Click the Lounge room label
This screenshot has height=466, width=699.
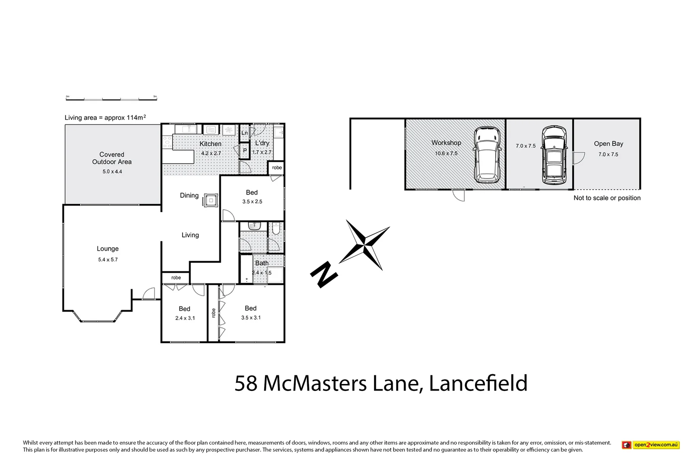107,249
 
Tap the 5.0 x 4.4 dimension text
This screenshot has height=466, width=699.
112,172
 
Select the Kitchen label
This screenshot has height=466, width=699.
211,144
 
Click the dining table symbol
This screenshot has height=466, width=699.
211,201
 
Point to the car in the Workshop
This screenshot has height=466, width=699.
488,155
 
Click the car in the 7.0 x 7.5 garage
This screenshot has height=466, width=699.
554,155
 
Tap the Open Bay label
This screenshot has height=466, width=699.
608,144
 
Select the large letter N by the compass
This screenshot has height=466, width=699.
323,274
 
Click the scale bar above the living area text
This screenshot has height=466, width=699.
111,99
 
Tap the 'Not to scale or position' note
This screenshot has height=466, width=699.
607,198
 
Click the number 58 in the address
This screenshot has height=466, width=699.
246,383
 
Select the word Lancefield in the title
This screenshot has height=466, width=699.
478,383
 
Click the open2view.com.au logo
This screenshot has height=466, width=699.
650,445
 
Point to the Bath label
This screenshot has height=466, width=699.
262,263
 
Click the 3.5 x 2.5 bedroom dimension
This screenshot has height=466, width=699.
252,202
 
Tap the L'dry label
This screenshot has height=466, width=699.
262,143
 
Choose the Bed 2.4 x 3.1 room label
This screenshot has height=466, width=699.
185,309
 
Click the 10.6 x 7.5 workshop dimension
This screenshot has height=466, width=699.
446,153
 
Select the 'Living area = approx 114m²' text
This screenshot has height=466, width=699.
105,117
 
